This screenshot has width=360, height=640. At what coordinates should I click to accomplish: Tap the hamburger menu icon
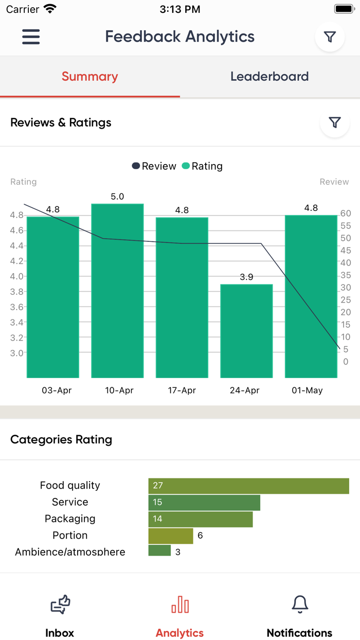(x=31, y=37)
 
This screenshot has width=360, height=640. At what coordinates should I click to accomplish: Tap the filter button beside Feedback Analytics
(x=330, y=37)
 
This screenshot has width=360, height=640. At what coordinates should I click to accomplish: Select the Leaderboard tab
(x=269, y=77)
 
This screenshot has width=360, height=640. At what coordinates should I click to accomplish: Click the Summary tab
(x=90, y=77)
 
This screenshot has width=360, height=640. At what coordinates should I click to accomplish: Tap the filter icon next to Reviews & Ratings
(x=335, y=122)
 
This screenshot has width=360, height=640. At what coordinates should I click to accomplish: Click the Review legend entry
(x=154, y=166)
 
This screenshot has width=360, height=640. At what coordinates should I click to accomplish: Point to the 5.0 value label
(x=117, y=197)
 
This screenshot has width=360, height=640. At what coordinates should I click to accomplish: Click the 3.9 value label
(x=246, y=277)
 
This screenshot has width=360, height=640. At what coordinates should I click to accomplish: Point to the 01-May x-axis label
(x=307, y=390)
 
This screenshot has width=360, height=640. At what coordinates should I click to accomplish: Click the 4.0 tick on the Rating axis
(x=16, y=276)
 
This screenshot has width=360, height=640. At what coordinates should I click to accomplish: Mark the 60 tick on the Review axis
(x=346, y=214)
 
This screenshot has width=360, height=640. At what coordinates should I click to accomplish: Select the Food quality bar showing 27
(x=248, y=486)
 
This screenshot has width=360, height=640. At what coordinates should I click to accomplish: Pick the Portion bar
(x=171, y=536)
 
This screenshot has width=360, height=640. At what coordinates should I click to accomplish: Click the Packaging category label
(x=70, y=519)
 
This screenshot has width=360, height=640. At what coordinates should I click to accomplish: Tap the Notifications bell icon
(x=300, y=604)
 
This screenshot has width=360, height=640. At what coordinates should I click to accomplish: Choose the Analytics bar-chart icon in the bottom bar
(x=180, y=605)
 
